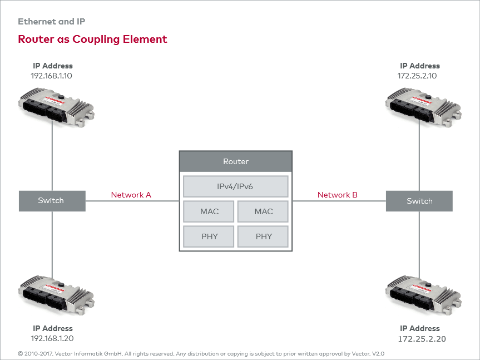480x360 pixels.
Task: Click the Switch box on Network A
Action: coord(52,201)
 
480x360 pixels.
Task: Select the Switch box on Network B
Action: coord(419,201)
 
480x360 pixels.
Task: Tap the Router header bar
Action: coord(235,161)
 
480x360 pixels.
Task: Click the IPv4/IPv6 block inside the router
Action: coord(235,186)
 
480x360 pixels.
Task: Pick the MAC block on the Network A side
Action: coord(209,211)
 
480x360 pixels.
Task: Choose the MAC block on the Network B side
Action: coord(263,211)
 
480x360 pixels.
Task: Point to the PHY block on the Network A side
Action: coord(209,236)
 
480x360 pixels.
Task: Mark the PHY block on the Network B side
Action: coord(263,236)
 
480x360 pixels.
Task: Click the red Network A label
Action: coord(131,195)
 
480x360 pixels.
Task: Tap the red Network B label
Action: coord(337,195)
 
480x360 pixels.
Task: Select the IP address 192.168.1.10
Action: coord(51,75)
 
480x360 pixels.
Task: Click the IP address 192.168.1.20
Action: coord(52,338)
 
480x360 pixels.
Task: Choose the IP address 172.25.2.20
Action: coord(422,338)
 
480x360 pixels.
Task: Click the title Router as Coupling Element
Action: coord(92,40)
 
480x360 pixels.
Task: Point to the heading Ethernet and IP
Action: coord(51,22)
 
